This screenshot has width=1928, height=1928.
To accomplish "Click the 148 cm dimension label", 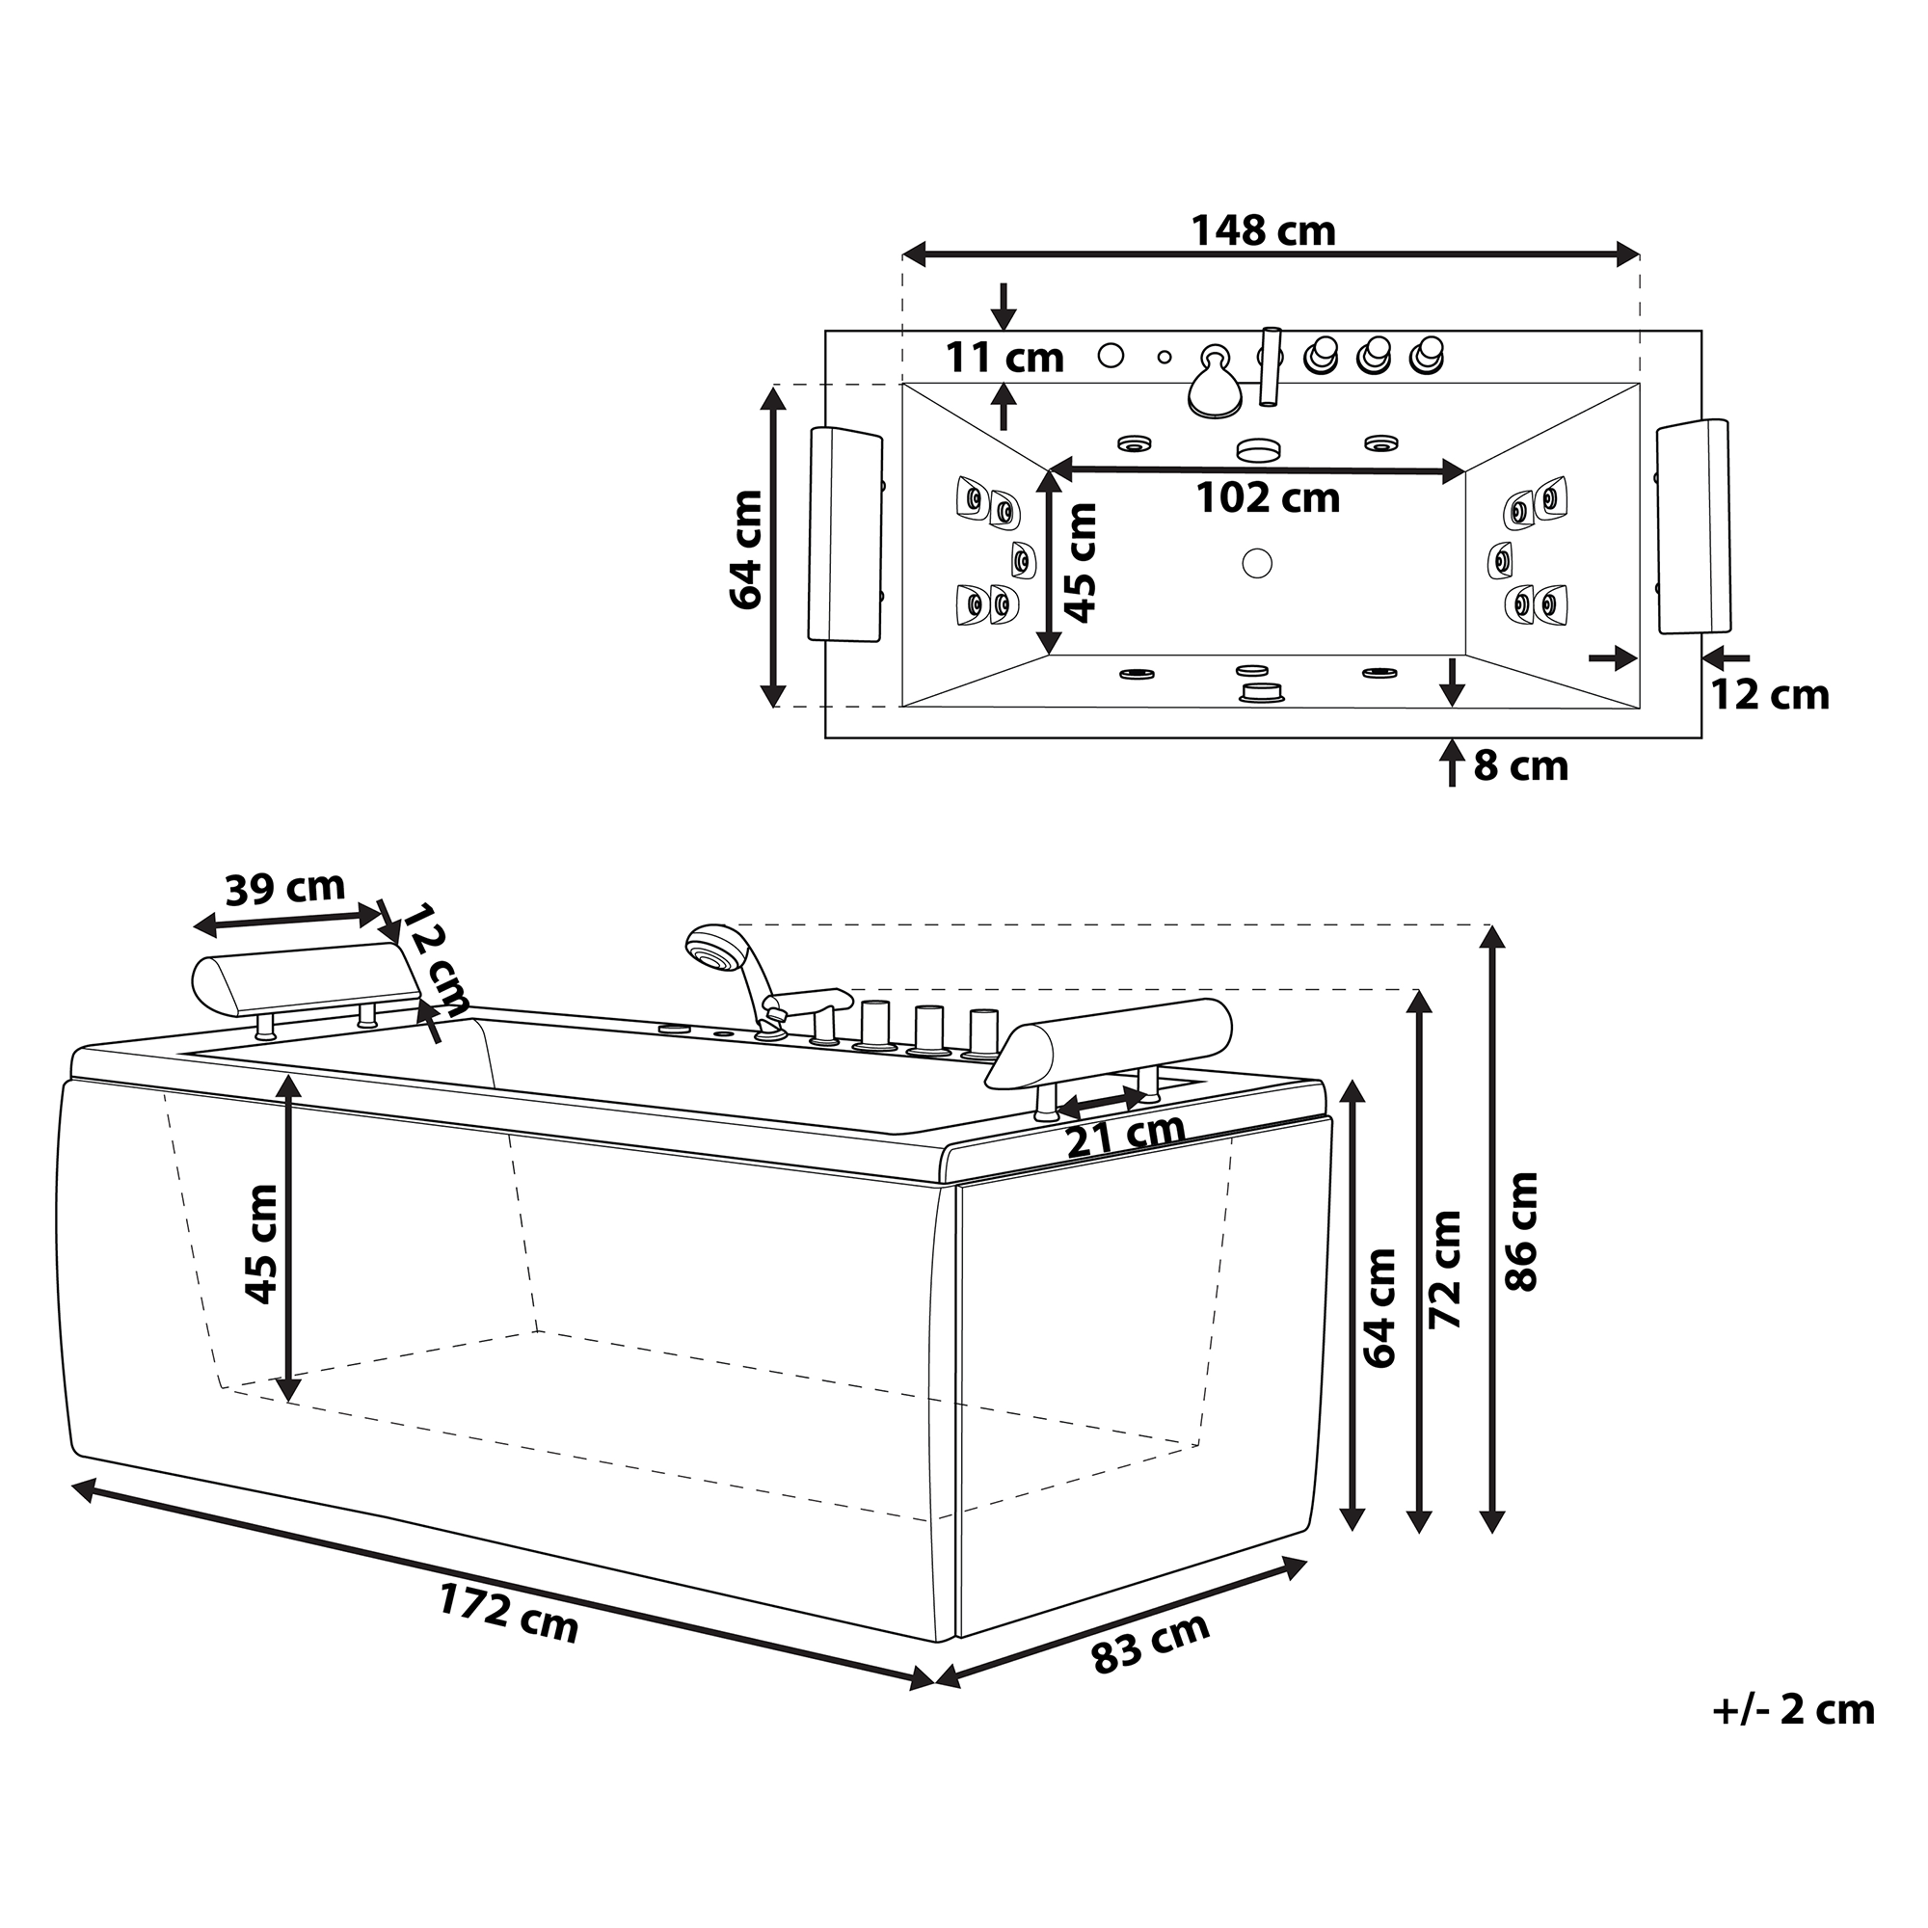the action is point(1263,230).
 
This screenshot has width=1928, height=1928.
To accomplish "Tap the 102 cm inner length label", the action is point(1268,497).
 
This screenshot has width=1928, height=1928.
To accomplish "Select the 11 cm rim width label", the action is point(1004,357).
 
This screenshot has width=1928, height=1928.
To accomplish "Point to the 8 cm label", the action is point(1521,765).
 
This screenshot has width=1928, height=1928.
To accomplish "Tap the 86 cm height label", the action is point(1521,1231).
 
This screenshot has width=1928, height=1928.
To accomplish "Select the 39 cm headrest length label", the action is point(284,887).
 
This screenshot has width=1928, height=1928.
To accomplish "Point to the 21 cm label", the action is point(1126,1135).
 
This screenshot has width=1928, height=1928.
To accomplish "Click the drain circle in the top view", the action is point(1257,563).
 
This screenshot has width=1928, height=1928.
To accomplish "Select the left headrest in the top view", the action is point(844,535).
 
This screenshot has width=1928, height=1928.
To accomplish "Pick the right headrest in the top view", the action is point(1694,527).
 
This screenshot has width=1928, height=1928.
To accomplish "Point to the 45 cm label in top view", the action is point(1081,563).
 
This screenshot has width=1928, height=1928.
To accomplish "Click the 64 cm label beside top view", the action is point(746,549).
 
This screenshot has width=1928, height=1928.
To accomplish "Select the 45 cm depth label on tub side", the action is point(261,1245).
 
